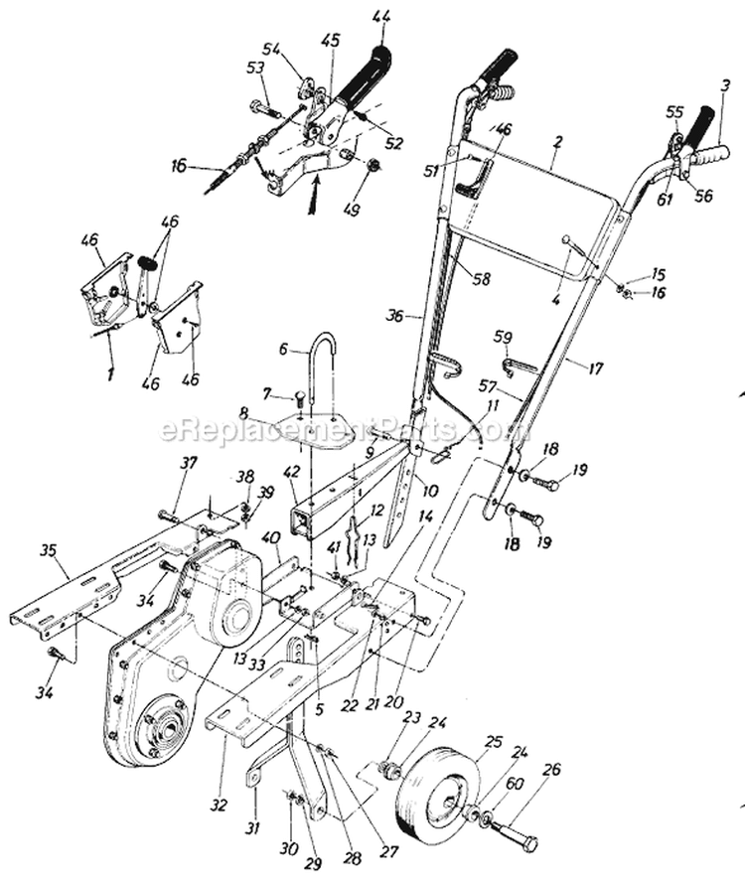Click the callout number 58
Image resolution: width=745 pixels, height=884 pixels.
(x=481, y=280)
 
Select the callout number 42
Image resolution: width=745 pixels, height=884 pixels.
(x=291, y=473)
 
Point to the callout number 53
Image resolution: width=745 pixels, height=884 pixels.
(x=254, y=67)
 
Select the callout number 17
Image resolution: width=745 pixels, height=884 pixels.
(x=595, y=368)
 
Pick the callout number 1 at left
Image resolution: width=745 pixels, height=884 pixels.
(x=110, y=373)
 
